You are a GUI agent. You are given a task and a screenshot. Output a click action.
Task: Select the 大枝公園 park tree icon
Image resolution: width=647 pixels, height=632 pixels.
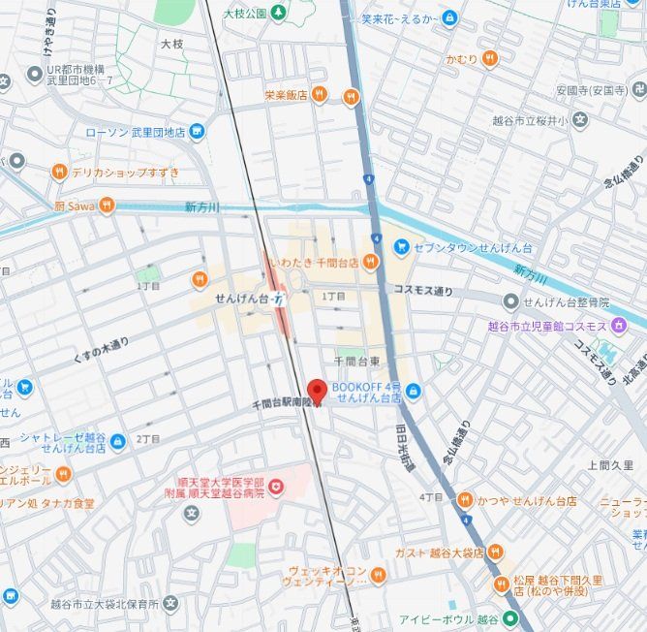279,13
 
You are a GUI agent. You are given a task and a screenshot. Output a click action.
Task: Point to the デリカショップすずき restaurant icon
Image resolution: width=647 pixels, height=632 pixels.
59,173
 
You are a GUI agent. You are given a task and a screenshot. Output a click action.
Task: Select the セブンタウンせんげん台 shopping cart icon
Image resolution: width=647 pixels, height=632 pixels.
401,248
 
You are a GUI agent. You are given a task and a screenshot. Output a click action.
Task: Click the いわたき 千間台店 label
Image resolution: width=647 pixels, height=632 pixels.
314,262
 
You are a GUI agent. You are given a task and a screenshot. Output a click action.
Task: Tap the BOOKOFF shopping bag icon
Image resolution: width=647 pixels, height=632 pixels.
414,392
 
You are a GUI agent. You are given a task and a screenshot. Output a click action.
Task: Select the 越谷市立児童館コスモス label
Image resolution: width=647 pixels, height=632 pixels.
547,326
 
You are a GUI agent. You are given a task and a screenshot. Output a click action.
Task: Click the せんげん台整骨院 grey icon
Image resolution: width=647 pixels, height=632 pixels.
510,302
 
